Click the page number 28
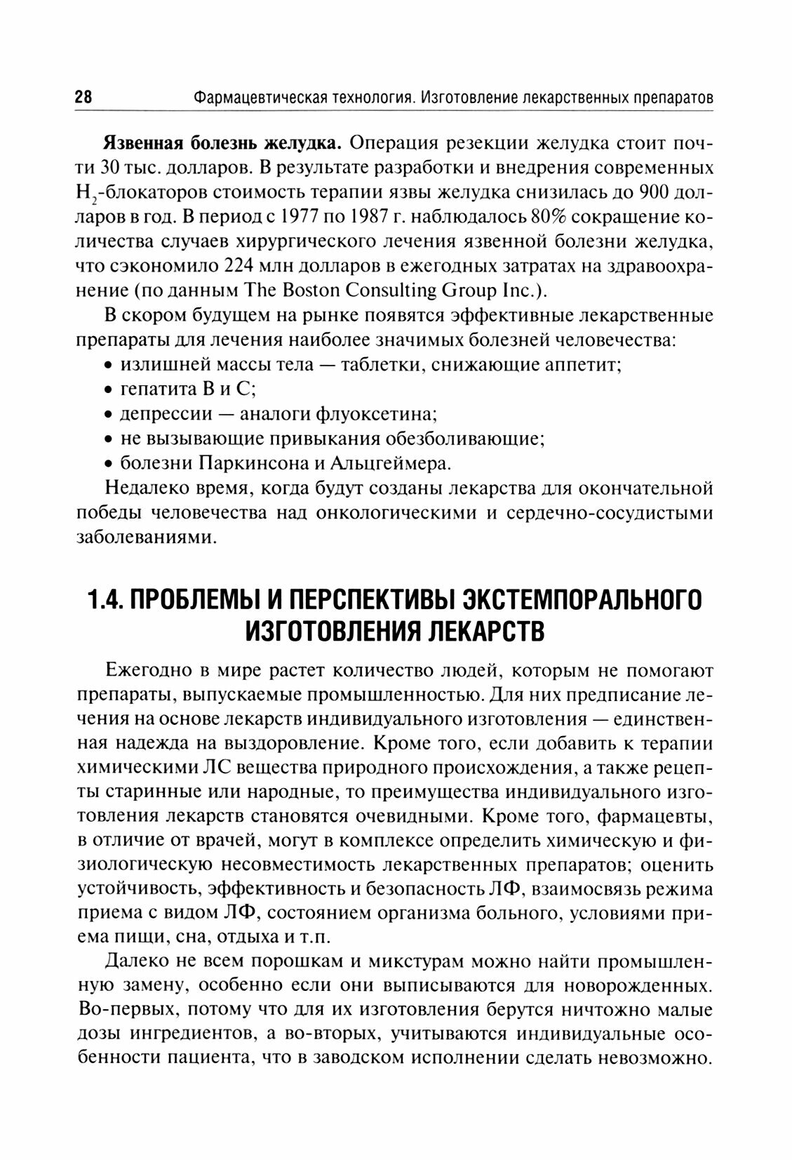tap(83, 98)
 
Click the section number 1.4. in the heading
tap(105, 602)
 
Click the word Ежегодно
tap(146, 669)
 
